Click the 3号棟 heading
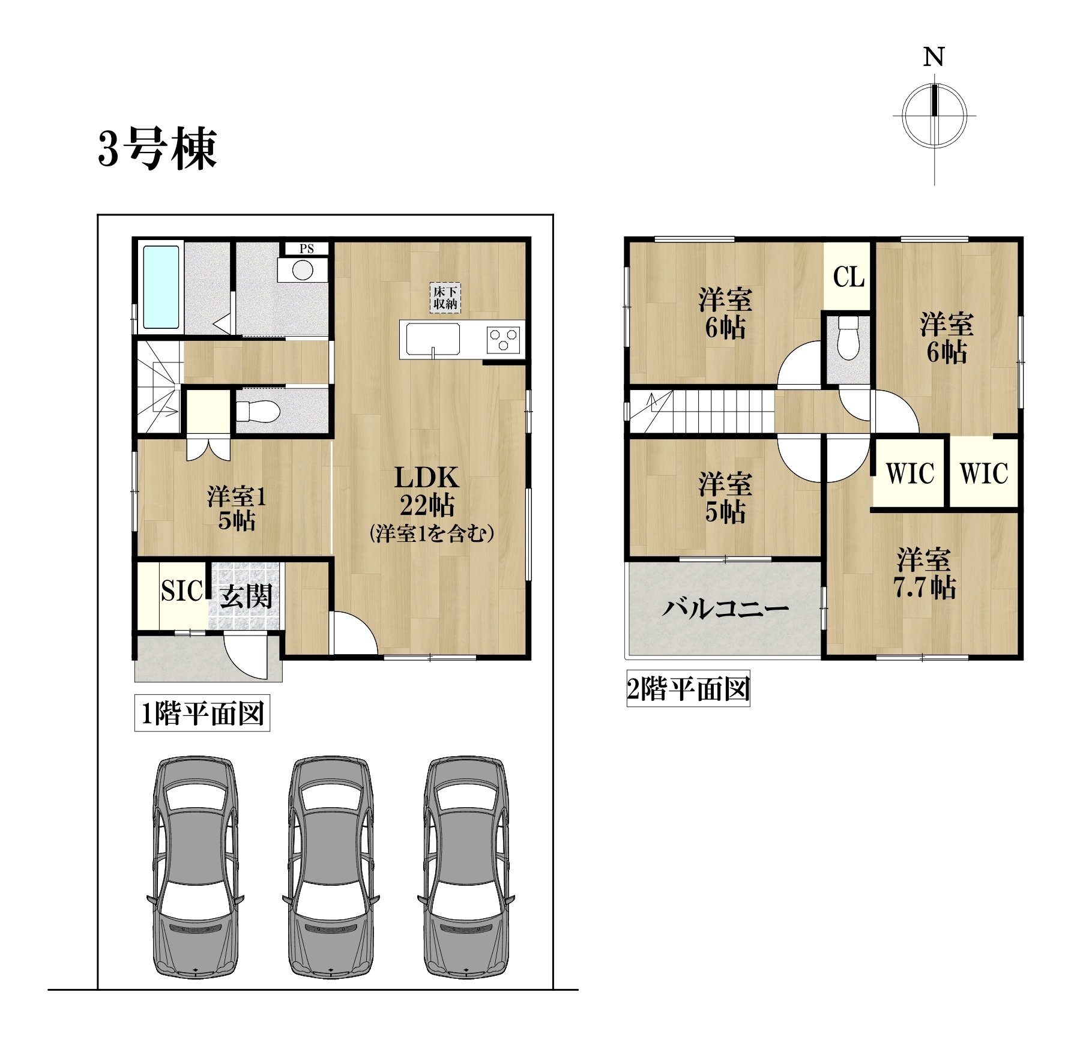157,149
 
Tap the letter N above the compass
934,57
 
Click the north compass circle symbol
935,116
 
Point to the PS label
307,248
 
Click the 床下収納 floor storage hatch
445,298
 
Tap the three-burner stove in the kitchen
504,338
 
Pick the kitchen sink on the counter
433,339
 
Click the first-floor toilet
258,411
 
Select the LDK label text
426,478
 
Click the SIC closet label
182,591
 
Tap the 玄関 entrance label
246,596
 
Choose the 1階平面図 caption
202,714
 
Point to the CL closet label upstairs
849,277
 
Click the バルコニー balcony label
725,609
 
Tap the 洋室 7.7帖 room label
925,573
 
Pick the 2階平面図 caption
688,688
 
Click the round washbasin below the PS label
303,270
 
